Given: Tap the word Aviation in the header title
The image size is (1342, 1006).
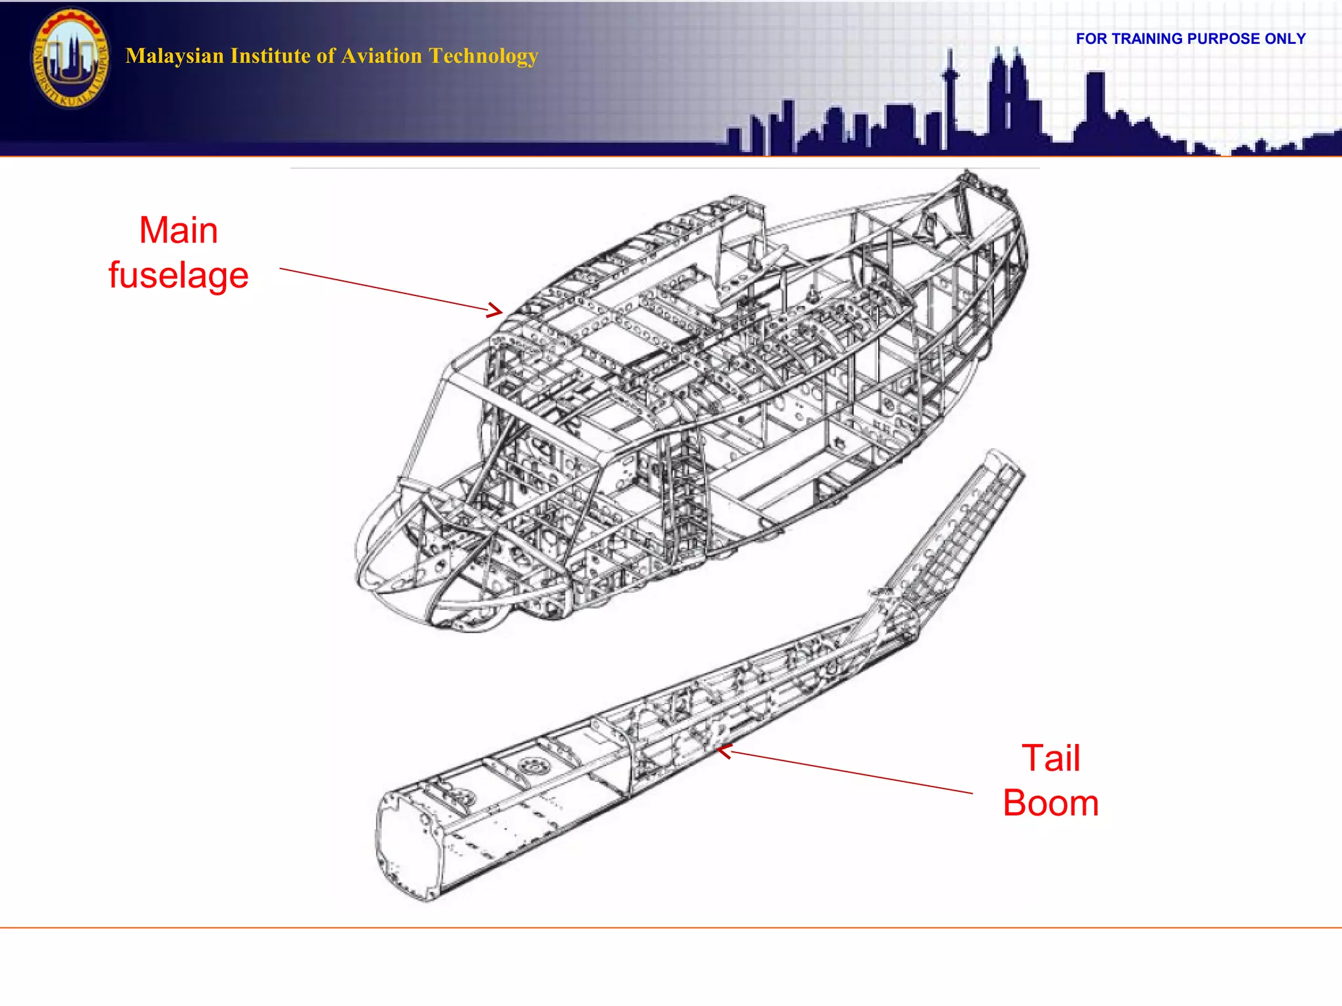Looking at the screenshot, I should click(382, 56).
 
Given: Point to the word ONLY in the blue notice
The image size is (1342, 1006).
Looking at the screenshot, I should click(1285, 39).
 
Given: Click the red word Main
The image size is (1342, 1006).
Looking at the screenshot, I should click(178, 231).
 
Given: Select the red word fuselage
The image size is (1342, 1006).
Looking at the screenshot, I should click(178, 276).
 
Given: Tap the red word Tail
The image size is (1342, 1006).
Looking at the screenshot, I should click(1050, 758).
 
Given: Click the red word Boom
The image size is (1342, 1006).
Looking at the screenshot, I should click(1050, 803).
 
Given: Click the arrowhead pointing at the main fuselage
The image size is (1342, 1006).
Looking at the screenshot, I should click(496, 310).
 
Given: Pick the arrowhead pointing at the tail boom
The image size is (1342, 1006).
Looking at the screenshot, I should click(723, 752).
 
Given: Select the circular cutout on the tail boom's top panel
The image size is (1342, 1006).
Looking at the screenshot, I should click(532, 764).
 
